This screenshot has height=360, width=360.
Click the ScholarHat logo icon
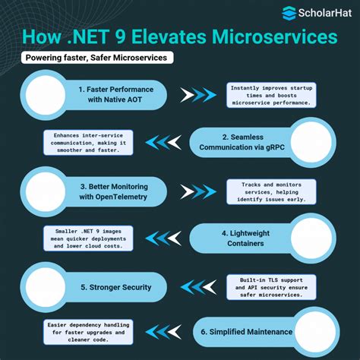[289, 12]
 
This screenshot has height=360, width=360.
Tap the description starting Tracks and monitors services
[272, 190]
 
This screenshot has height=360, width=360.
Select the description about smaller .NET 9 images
[88, 237]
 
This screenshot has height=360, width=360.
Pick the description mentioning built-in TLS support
[272, 287]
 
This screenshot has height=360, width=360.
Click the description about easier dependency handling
[89, 333]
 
